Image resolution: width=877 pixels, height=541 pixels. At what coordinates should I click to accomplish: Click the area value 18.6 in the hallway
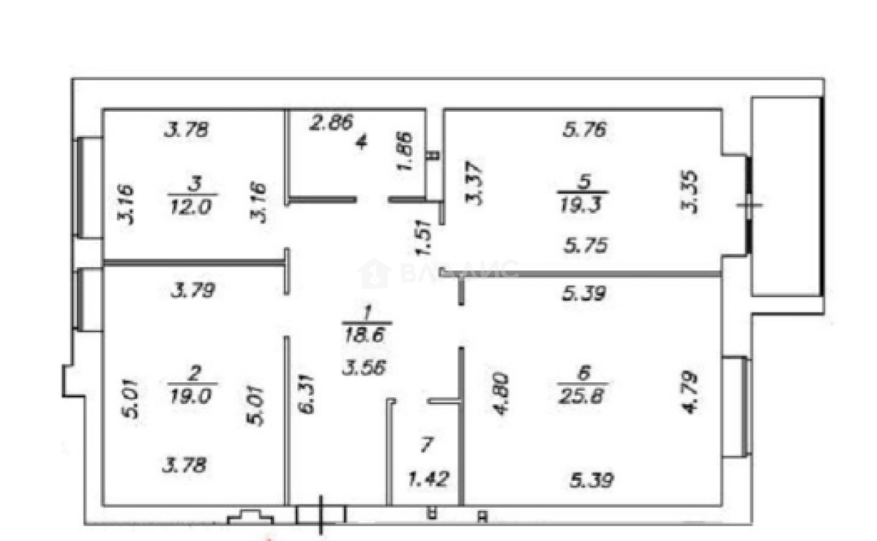click(x=367, y=337)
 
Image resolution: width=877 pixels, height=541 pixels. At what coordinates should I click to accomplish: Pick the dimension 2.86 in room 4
click(x=332, y=123)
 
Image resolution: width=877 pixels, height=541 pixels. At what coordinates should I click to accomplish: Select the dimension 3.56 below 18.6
click(x=364, y=368)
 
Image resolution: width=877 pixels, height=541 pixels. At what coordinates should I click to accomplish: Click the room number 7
click(x=425, y=443)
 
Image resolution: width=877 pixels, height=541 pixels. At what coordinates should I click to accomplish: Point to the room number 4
click(x=361, y=143)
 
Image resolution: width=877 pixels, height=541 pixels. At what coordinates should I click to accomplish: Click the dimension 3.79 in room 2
click(x=192, y=289)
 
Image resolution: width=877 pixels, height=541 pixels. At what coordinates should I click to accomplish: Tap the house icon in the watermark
click(x=373, y=273)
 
